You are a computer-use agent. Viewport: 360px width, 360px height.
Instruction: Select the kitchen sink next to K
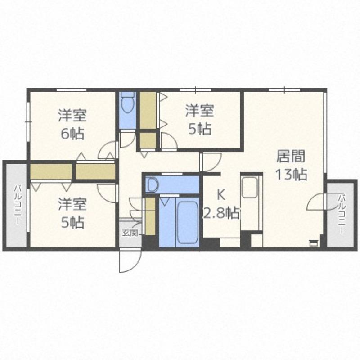coord(249,187)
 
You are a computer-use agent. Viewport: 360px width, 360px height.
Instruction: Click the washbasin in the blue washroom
coord(153,185)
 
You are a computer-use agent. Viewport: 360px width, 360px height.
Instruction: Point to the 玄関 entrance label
coord(130,233)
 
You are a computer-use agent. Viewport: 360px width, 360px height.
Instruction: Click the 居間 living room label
coord(290,156)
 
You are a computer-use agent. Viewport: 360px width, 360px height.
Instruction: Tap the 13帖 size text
coord(291,175)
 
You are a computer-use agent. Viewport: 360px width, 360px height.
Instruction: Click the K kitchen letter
coord(220,195)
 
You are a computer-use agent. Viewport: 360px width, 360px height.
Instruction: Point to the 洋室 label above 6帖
coord(72,116)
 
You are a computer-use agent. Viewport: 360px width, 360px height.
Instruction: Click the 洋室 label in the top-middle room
coord(199,111)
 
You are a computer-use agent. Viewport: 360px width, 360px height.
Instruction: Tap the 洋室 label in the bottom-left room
coord(72,204)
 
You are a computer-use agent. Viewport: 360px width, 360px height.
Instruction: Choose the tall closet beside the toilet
coord(148,110)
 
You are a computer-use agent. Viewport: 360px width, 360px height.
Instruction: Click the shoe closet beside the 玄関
coord(151,216)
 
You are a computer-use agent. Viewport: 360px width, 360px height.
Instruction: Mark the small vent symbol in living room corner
coord(313,243)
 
